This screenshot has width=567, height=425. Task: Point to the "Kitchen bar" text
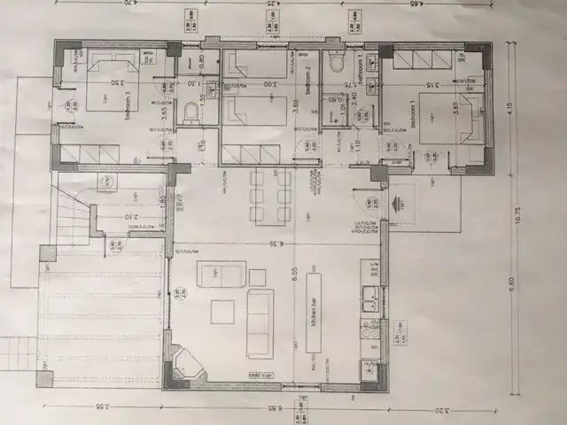click(314, 312)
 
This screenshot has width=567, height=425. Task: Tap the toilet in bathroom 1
click(336, 65)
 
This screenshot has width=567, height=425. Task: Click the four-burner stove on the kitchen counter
click(369, 336)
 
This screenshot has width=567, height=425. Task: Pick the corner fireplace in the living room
click(187, 362)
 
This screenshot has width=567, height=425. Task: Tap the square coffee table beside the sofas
click(222, 312)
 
